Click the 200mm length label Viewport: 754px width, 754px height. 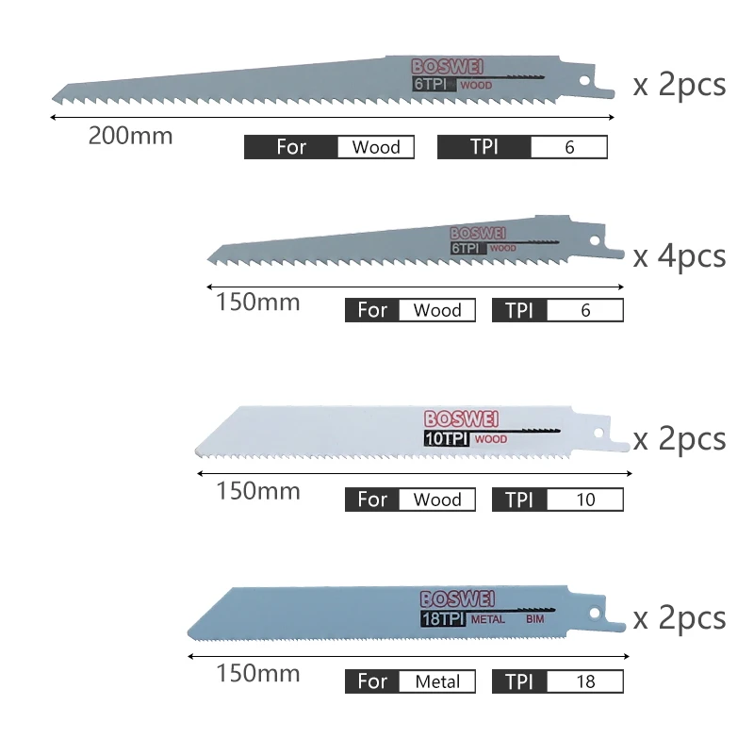[130, 136]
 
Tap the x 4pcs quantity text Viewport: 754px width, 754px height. [679, 256]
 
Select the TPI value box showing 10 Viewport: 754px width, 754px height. [585, 500]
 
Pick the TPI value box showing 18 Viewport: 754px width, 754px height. [585, 681]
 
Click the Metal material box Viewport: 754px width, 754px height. [437, 681]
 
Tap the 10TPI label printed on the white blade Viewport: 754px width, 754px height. [446, 439]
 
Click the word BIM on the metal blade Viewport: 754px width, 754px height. [534, 620]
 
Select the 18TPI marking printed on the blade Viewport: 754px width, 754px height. [444, 619]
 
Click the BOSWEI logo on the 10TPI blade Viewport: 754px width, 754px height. [461, 419]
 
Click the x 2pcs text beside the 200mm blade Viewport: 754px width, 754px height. [679, 85]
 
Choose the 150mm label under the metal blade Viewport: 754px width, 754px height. [258, 674]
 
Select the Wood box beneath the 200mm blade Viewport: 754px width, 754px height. [375, 147]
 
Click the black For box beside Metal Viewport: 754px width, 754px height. [372, 681]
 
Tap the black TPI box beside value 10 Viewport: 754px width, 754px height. [519, 500]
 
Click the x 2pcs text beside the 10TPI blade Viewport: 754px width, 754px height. [679, 439]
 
